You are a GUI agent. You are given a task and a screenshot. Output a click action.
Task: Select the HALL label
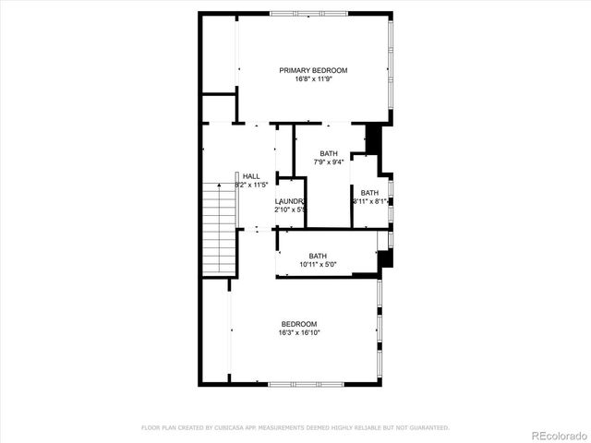pyautogui.click(x=251, y=176)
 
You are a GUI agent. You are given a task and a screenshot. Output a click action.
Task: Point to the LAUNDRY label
pyautogui.click(x=290, y=201)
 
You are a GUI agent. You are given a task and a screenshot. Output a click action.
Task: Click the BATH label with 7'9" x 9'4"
pyautogui.click(x=329, y=153)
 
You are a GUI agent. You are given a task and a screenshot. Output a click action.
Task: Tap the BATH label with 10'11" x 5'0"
pyautogui.click(x=318, y=257)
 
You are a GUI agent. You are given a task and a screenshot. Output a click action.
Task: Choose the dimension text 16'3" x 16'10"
pyautogui.click(x=300, y=332)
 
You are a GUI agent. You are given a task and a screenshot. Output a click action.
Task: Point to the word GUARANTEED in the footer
pyautogui.click(x=428, y=427)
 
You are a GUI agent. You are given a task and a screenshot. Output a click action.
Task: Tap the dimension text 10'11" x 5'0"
pyautogui.click(x=318, y=266)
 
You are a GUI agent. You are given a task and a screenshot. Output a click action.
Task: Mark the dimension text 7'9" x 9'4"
pyautogui.click(x=329, y=162)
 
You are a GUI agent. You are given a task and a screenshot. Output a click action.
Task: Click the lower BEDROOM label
pyautogui.click(x=300, y=323)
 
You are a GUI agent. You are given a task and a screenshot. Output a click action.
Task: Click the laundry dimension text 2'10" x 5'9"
pyautogui.click(x=290, y=210)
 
